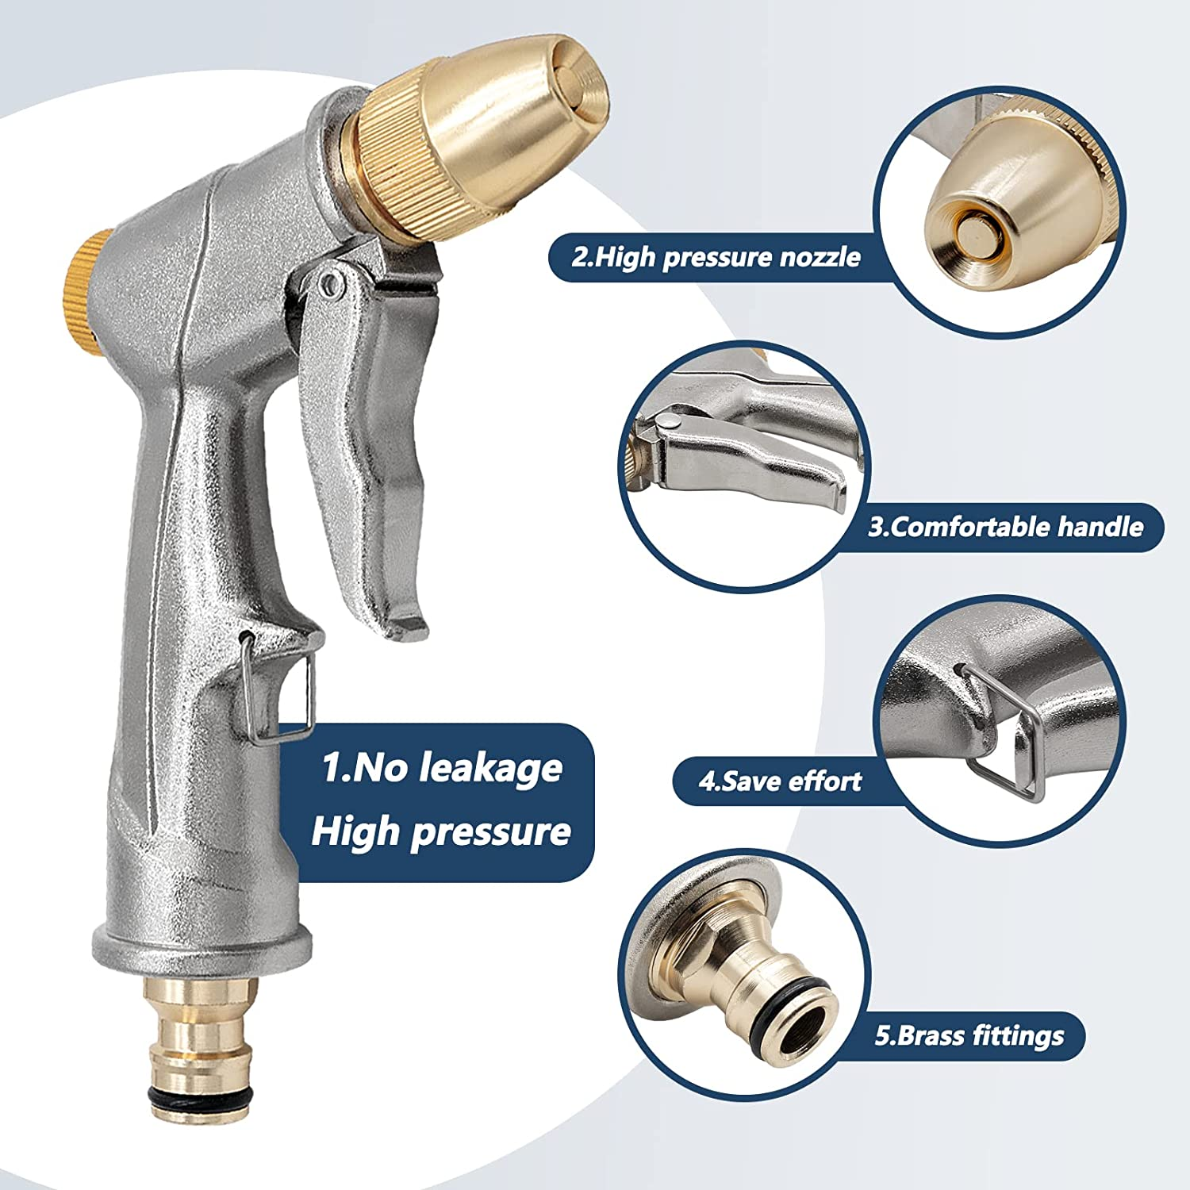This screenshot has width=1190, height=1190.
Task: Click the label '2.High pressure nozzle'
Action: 716,257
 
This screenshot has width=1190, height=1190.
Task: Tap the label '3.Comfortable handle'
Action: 1005,528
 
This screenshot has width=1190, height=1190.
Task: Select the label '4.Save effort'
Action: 780,781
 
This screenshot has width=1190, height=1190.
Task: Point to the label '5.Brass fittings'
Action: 969,1035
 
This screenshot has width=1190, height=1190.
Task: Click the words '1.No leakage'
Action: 442,768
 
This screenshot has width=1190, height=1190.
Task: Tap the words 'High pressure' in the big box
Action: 441,831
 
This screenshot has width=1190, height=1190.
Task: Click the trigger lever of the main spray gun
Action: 373,444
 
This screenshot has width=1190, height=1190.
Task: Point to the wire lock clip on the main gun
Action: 282,690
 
